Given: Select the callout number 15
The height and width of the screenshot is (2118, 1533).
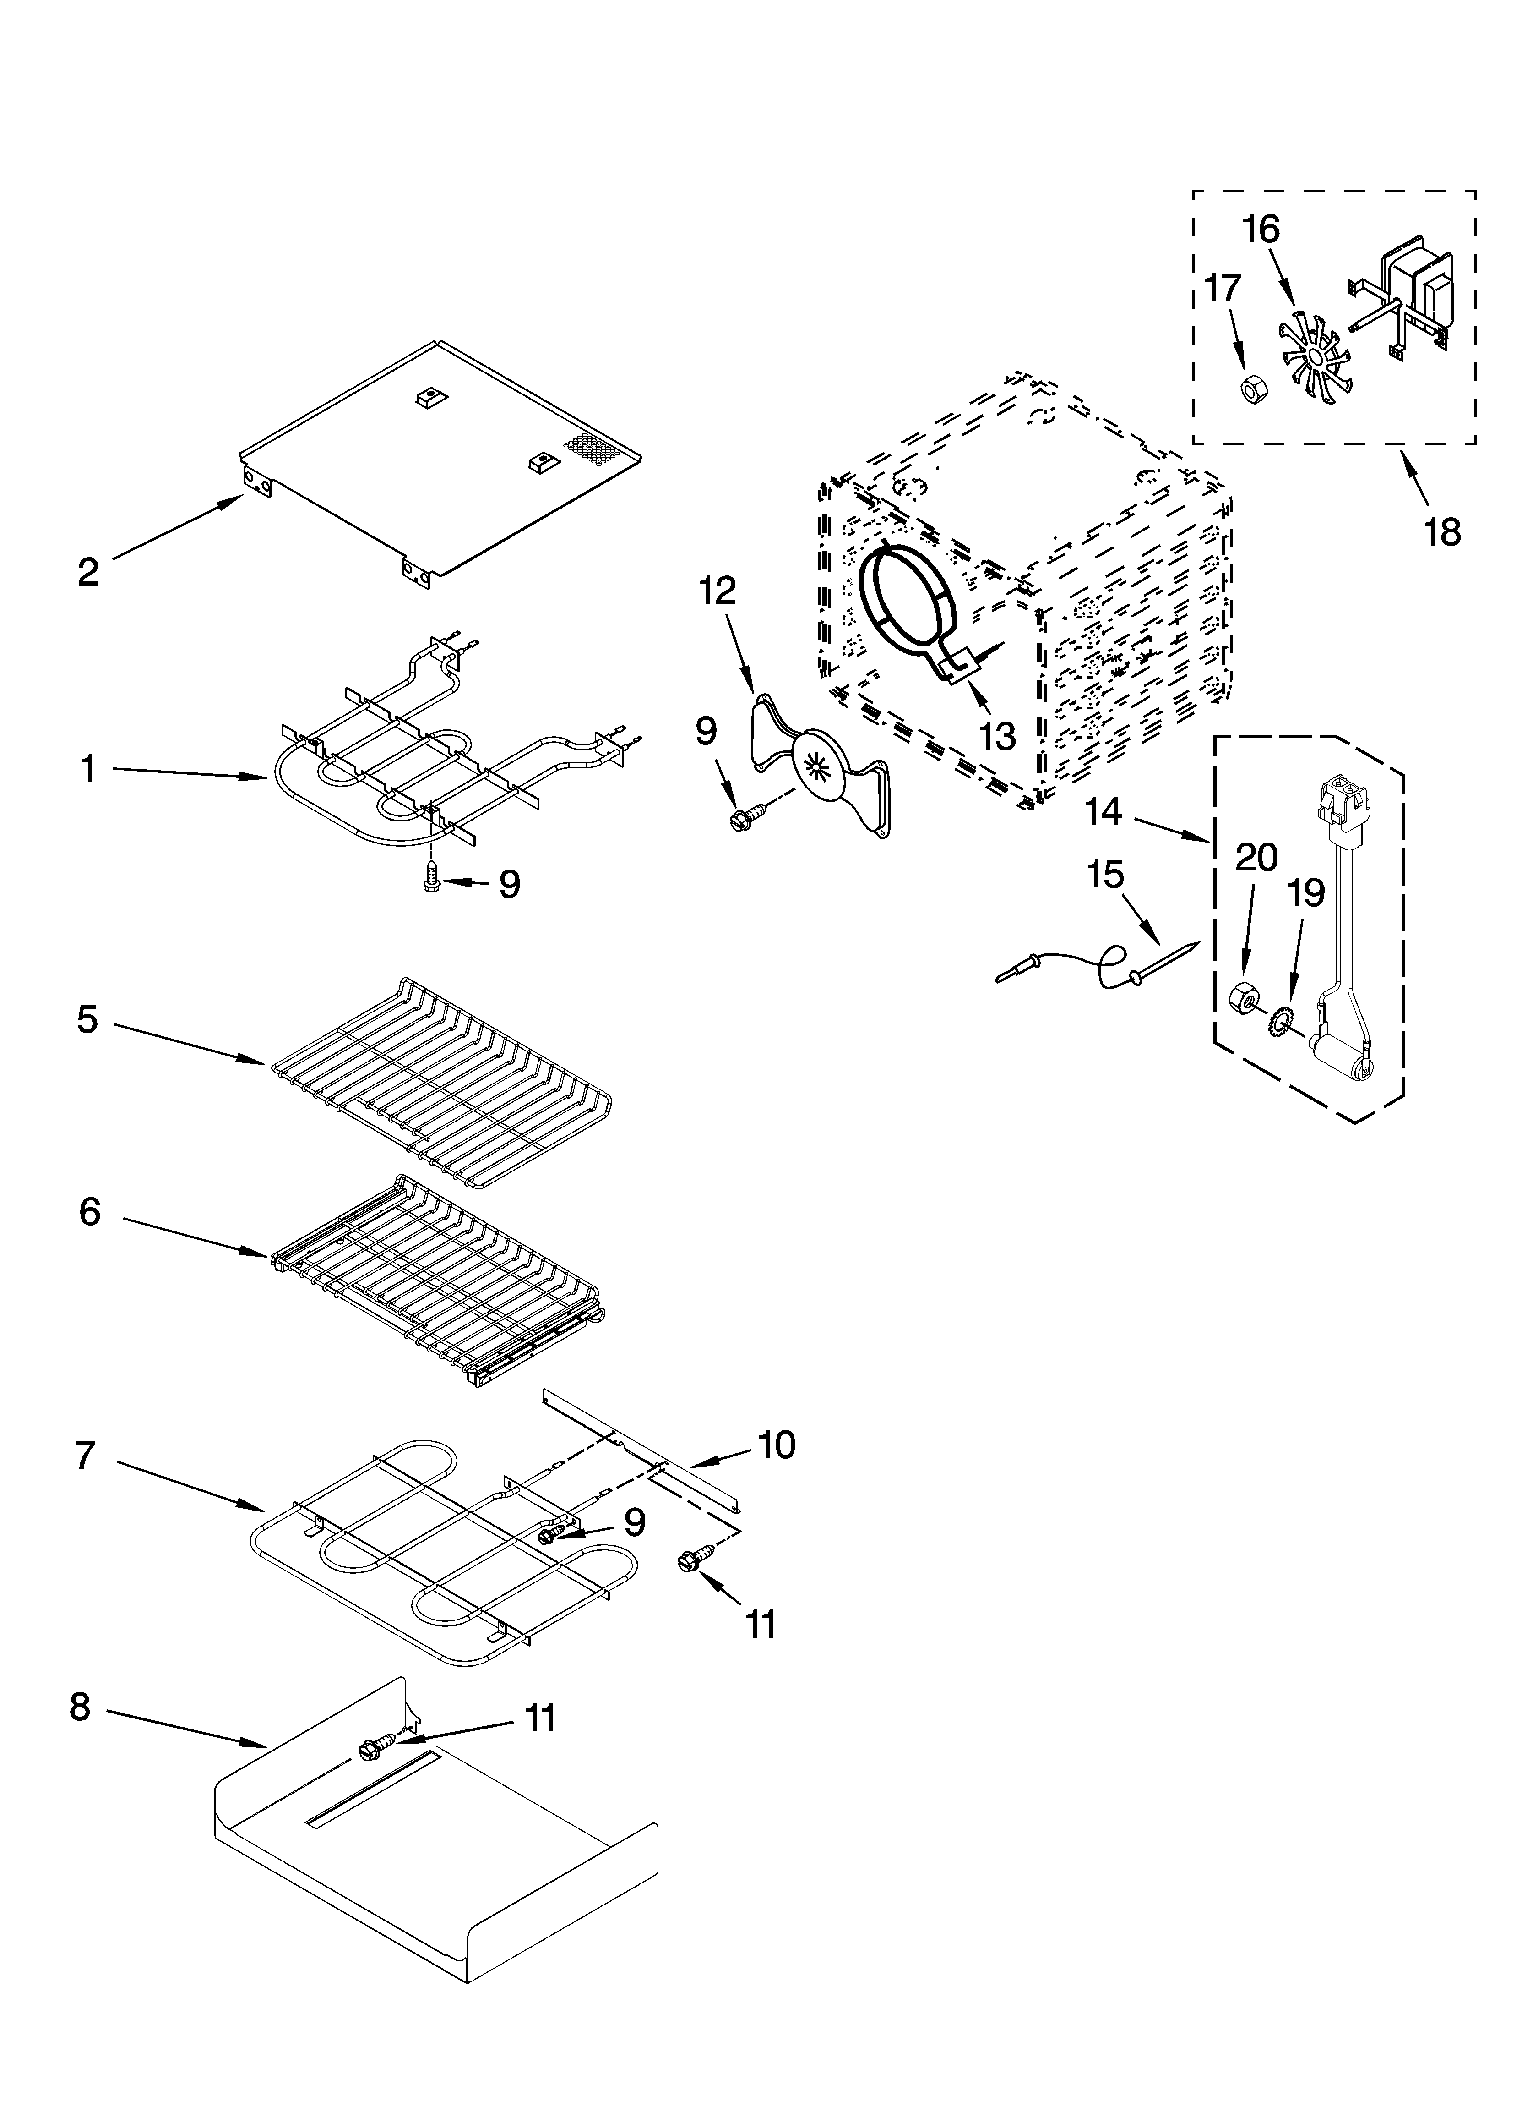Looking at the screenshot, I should [x=1105, y=875].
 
